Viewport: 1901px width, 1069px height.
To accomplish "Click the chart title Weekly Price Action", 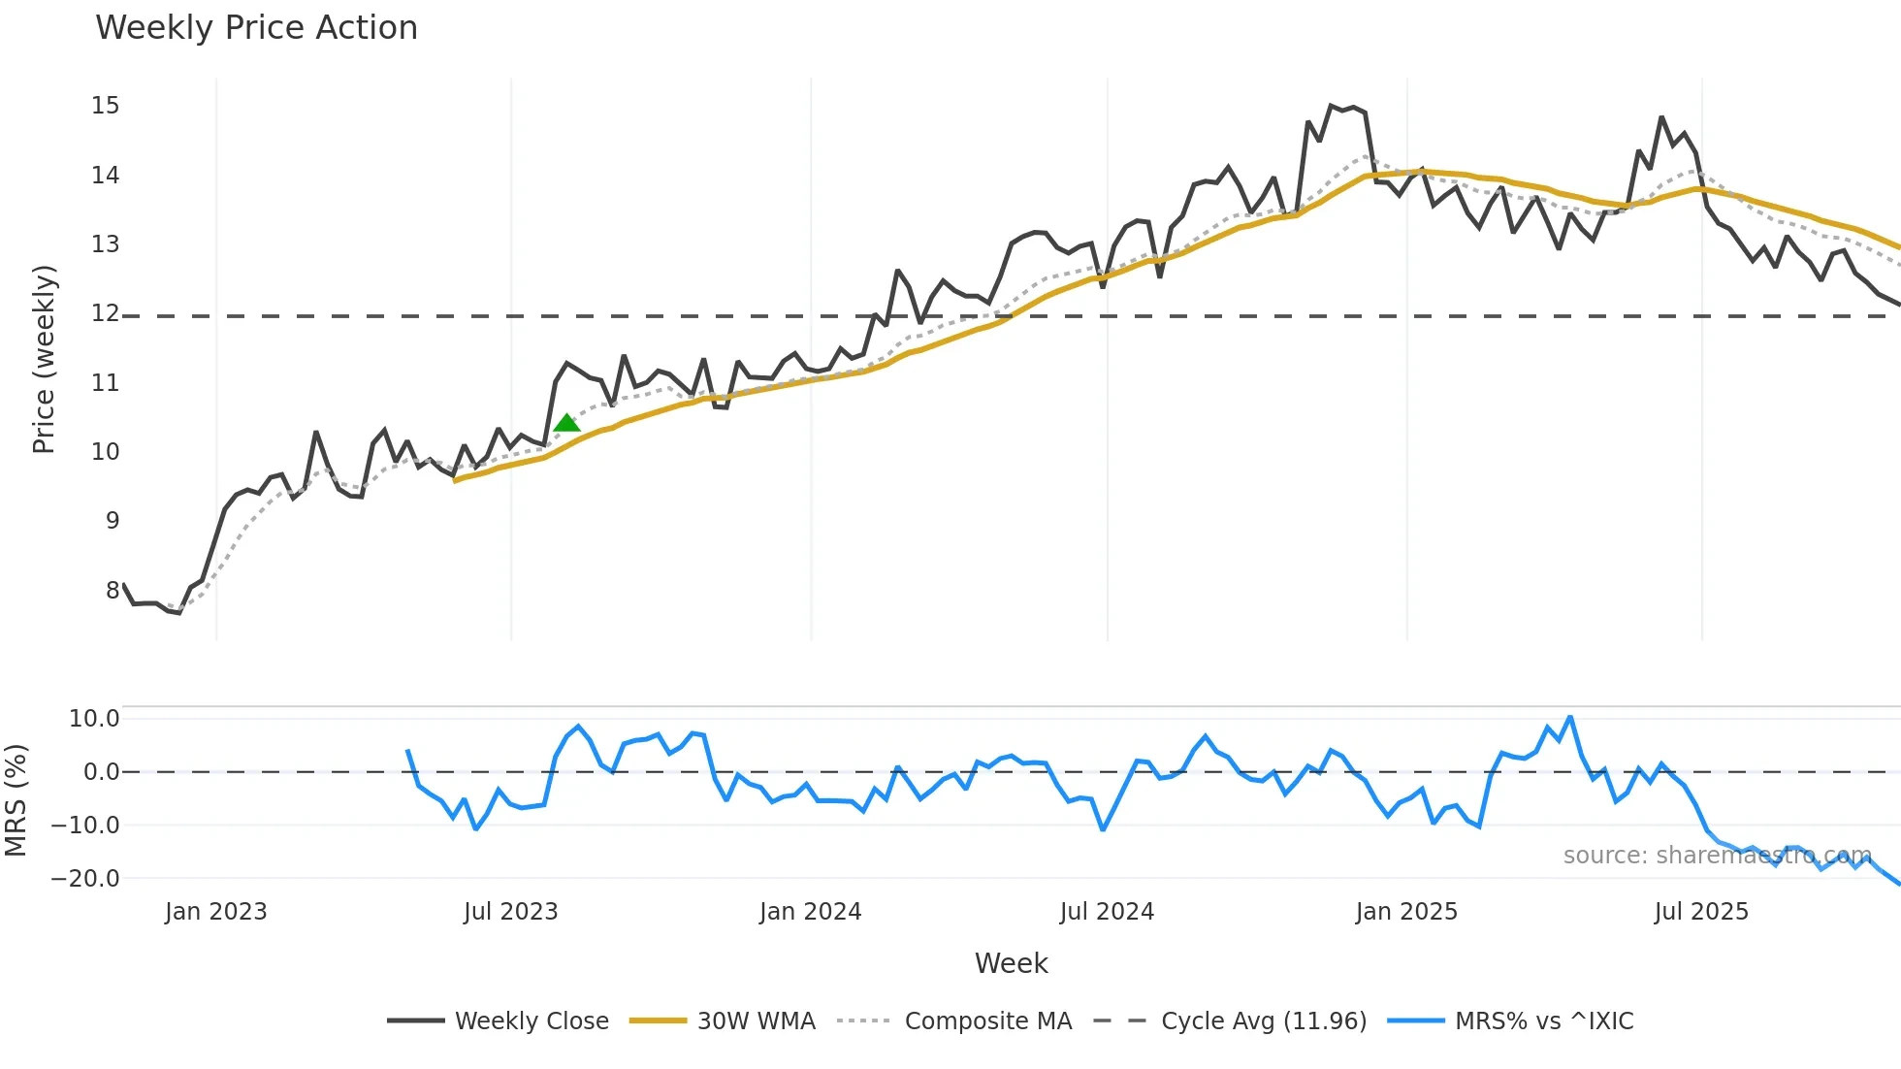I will point(256,28).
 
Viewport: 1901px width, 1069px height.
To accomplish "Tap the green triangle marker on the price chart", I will point(566,423).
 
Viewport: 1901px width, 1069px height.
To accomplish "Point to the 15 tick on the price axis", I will point(106,106).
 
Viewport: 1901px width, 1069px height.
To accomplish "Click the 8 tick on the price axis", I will point(113,590).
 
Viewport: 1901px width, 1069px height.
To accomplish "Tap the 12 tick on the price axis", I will point(106,313).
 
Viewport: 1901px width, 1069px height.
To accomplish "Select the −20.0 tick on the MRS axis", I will point(85,879).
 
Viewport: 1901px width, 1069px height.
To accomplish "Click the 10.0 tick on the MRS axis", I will point(94,719).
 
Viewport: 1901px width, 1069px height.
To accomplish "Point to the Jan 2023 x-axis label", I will point(215,912).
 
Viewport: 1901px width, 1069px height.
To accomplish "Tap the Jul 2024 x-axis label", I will point(1107,912).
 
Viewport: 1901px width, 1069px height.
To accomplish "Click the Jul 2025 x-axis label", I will point(1701,912).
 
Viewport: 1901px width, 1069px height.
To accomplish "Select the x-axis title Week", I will point(1011,963).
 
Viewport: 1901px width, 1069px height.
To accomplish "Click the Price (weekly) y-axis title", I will point(45,359).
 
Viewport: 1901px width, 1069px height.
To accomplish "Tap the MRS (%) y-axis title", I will point(16,800).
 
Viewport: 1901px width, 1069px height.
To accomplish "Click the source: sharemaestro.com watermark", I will point(1717,856).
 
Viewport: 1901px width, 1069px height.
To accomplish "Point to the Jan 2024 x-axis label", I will point(810,912).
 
